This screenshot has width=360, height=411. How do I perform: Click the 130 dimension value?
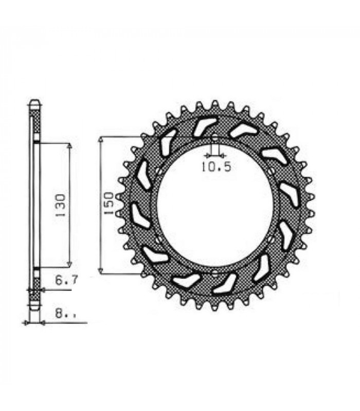click(x=61, y=204)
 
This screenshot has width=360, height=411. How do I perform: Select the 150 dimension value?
click(x=109, y=204)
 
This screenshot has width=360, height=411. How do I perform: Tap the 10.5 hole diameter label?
click(x=216, y=166)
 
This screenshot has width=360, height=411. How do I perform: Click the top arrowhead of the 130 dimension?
click(x=69, y=145)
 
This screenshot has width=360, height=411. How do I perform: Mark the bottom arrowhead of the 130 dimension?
click(x=69, y=264)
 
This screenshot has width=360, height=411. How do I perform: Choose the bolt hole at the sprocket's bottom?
click(x=214, y=271)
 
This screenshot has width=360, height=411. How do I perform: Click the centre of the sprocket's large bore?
click(x=214, y=205)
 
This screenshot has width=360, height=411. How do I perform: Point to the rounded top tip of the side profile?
click(x=34, y=101)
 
